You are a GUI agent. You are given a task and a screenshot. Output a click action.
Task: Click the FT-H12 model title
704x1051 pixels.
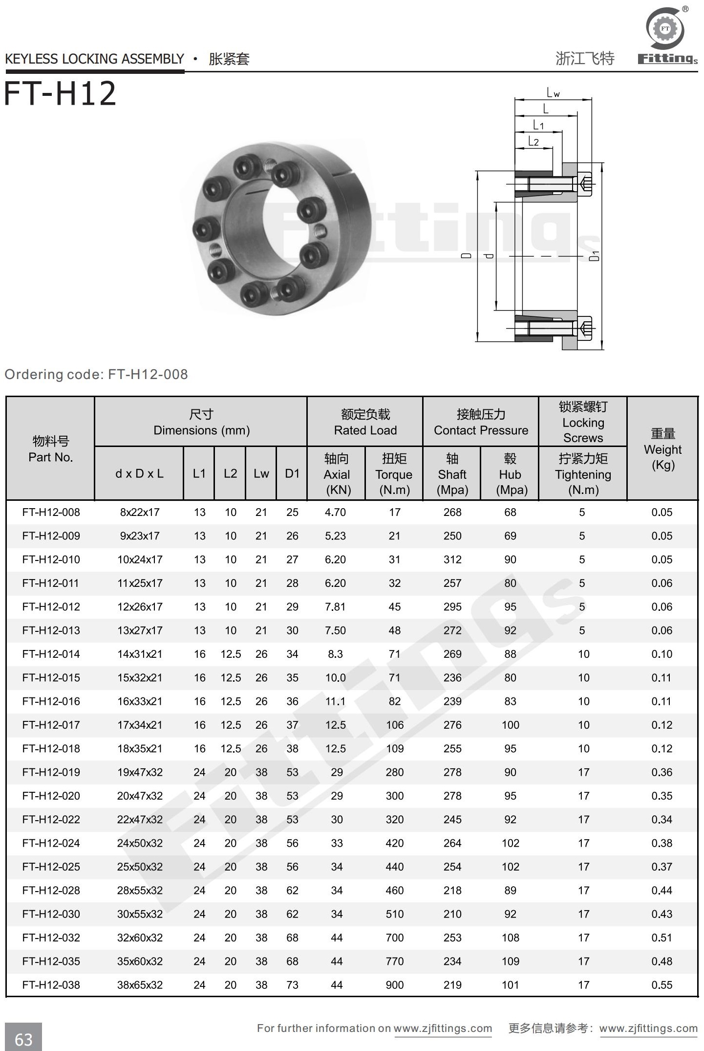point(60,94)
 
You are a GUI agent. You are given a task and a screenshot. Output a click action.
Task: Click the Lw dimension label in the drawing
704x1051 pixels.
point(553,92)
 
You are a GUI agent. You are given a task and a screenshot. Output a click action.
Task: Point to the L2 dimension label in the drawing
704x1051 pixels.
point(533,142)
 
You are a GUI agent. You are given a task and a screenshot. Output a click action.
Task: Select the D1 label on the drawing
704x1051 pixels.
point(594,255)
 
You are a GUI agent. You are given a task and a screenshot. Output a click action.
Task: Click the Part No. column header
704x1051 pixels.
point(50,449)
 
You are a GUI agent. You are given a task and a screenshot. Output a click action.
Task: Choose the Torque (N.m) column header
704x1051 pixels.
point(394,474)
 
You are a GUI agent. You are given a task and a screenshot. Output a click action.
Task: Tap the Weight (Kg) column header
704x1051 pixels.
point(662,449)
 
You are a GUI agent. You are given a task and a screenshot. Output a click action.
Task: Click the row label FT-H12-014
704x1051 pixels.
point(51,654)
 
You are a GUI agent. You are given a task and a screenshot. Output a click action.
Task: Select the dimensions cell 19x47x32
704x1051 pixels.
point(140,772)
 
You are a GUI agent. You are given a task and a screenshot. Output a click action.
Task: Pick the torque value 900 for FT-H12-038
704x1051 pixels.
point(394,985)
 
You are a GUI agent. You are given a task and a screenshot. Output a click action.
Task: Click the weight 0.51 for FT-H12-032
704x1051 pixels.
point(661,938)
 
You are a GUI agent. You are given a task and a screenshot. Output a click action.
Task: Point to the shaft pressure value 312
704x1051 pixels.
point(452,559)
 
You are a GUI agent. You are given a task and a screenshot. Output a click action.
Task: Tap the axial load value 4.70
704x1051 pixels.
point(335,512)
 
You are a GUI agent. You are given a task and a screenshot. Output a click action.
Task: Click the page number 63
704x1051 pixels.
point(23,1039)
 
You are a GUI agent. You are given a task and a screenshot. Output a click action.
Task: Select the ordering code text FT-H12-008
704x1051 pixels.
point(148,375)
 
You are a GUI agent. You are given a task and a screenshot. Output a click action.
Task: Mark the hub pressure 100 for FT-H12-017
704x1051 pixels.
point(510,725)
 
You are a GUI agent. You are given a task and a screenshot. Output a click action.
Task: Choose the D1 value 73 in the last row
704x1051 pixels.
point(292,985)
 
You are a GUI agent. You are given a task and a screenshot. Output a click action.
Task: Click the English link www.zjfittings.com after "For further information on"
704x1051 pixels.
point(443,1028)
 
